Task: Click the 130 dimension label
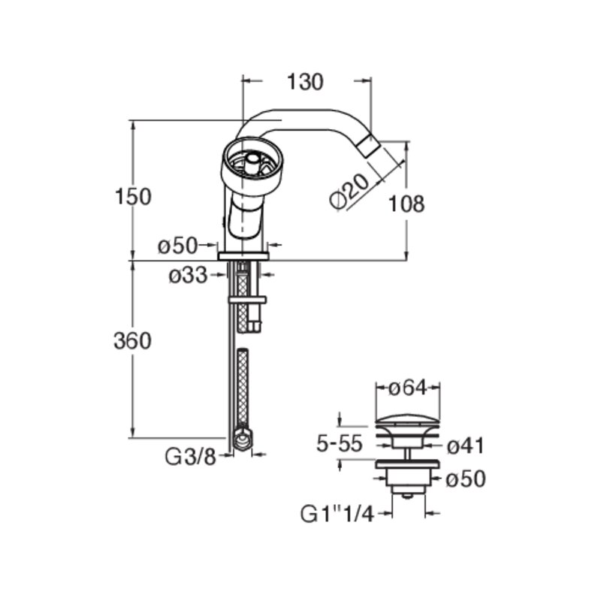tap(305, 82)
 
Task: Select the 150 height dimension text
tap(134, 197)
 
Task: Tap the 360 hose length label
tap(133, 341)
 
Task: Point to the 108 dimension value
tap(406, 204)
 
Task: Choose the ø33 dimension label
tap(188, 275)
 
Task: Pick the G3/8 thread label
tap(191, 457)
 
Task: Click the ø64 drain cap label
tap(407, 388)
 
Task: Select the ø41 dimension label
tap(466, 445)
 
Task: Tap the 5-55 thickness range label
tap(340, 443)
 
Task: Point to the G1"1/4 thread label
tap(337, 514)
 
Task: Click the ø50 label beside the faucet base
tap(177, 246)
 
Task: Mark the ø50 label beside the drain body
tap(466, 479)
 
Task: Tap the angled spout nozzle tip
tap(370, 145)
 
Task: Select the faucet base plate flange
tap(243, 256)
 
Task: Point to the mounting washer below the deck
tap(247, 300)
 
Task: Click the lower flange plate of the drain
tap(407, 464)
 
